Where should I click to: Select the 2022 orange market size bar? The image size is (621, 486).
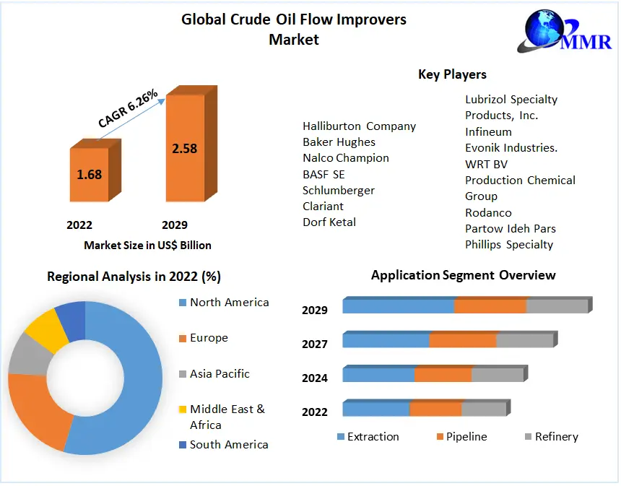coord(90,174)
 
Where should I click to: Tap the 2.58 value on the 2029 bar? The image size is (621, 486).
coord(184,149)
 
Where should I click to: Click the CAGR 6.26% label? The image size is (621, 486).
coord(128,109)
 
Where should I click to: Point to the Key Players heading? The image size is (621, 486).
coord(452,74)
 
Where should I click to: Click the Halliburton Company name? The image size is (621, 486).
coord(359,126)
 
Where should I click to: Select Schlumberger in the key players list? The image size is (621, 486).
coord(339,190)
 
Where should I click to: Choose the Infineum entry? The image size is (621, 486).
coord(488,132)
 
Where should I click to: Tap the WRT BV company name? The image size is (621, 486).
coord(486,164)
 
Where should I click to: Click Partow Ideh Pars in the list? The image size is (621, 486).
coord(510,228)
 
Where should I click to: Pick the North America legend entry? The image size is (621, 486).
coord(229,303)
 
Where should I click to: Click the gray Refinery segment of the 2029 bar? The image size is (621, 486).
coord(557,305)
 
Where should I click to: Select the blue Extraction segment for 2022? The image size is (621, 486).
coord(375,409)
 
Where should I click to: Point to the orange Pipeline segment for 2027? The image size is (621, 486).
coord(462,340)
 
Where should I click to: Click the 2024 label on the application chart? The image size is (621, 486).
coord(315,378)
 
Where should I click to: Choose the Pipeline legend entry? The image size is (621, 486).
coord(466,437)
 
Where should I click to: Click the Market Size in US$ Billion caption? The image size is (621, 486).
coord(147,246)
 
